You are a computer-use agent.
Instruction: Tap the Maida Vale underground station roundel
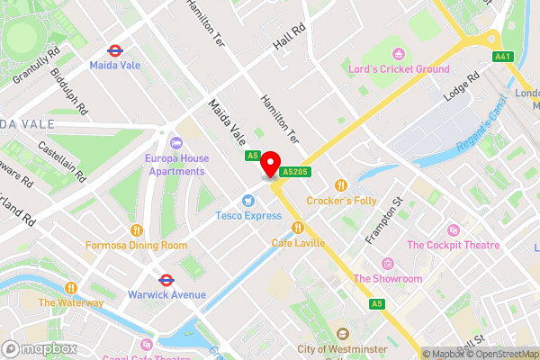pos(114,50)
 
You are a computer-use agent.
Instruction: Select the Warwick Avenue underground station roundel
pos(166,280)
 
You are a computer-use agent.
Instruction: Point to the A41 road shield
pos(502,57)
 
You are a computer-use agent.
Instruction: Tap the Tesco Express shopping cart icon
pos(247,201)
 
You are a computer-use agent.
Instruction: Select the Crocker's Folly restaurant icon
pos(340,184)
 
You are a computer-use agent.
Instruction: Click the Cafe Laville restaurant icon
pos(297,228)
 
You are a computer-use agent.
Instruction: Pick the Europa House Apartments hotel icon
pos(175,142)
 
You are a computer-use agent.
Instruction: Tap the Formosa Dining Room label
pos(137,245)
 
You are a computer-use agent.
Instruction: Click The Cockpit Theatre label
pos(454,245)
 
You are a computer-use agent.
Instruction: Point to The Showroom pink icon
pos(387,263)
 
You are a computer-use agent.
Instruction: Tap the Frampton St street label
pos(382,220)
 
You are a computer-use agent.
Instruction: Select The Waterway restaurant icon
pos(71,287)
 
